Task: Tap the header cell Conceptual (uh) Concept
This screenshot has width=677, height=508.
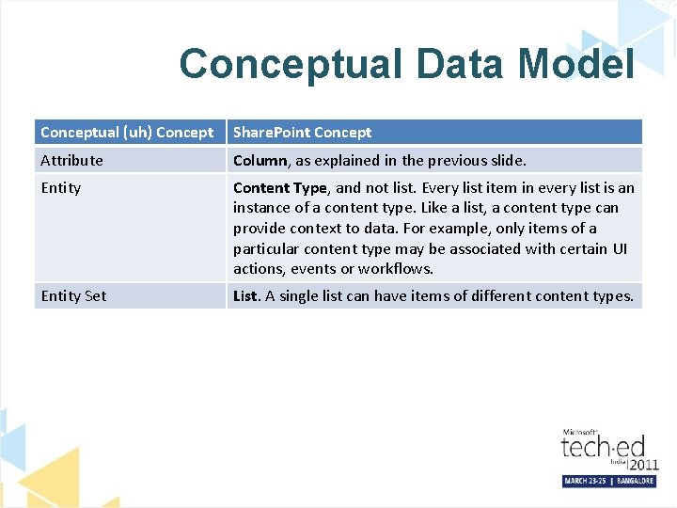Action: click(127, 133)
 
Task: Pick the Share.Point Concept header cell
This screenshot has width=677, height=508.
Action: click(302, 133)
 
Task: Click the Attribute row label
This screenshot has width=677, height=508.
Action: click(71, 161)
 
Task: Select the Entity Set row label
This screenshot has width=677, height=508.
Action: click(73, 296)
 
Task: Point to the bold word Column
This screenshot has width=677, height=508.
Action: click(260, 161)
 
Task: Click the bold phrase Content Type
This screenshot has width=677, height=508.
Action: click(279, 188)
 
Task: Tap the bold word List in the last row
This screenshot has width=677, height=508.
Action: click(244, 296)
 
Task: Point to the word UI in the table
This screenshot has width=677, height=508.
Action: click(621, 248)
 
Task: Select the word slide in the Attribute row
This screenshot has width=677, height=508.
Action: click(506, 161)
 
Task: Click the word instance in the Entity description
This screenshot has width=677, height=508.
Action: click(260, 208)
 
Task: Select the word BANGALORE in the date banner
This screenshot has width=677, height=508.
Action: click(636, 481)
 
